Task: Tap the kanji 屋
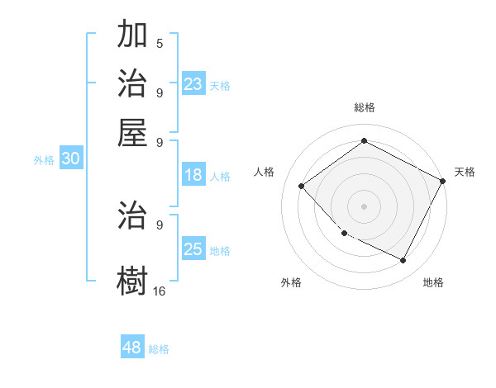133,131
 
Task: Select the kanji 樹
133,278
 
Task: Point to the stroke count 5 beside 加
159,43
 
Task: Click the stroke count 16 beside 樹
159,291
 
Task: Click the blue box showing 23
193,84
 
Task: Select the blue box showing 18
193,175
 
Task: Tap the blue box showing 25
193,249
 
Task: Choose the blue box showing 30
70,159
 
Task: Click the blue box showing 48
132,348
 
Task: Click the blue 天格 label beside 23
220,86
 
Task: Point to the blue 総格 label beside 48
159,349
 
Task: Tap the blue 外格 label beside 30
44,161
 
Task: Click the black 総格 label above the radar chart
365,107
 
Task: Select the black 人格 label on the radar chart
265,172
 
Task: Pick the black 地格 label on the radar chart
433,282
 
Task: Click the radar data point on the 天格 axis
442,181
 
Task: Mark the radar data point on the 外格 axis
345,234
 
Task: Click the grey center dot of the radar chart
364,206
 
